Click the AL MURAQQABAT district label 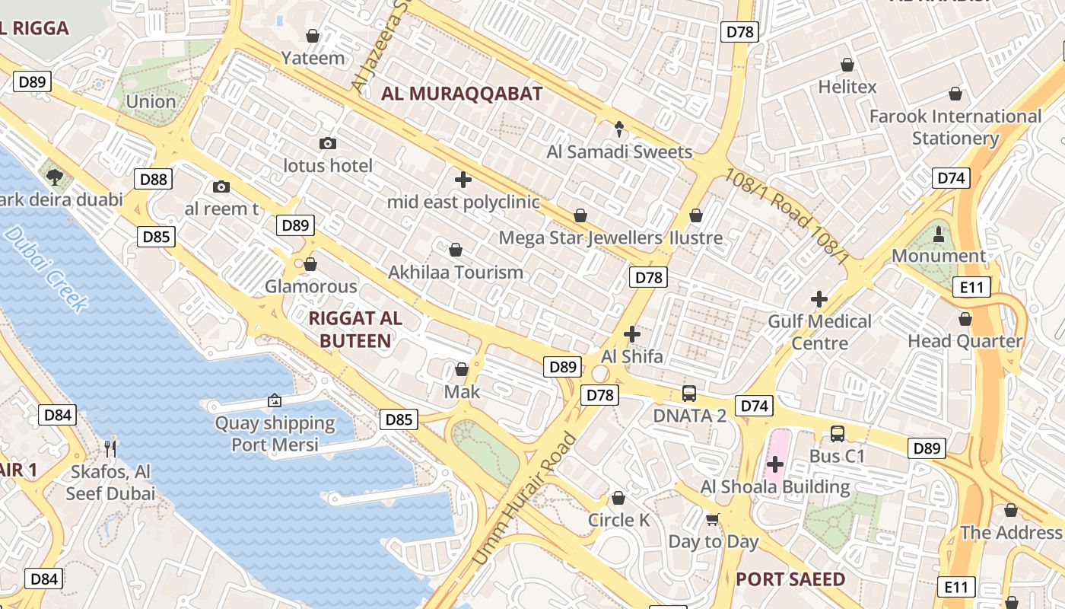click(x=462, y=94)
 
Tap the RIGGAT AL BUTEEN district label click(x=355, y=330)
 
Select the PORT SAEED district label click(x=790, y=579)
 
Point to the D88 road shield click(x=154, y=180)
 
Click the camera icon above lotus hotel click(x=328, y=143)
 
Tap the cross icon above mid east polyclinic click(x=463, y=180)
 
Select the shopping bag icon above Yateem click(x=312, y=36)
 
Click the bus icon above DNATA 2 click(x=689, y=394)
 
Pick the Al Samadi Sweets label click(x=619, y=151)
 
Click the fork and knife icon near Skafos click(x=111, y=448)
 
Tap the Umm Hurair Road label click(x=524, y=499)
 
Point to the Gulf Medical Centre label click(x=819, y=332)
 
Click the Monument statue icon click(x=938, y=233)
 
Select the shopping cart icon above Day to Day click(x=713, y=519)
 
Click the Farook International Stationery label click(x=955, y=127)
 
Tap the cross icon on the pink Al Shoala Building click(x=775, y=464)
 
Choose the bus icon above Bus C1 click(x=838, y=434)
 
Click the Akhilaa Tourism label click(x=456, y=272)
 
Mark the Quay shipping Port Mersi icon click(x=274, y=400)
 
